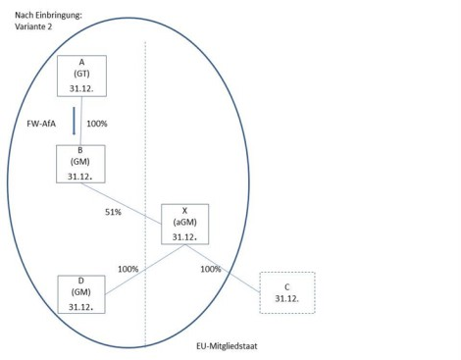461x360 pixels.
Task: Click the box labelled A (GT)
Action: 81,76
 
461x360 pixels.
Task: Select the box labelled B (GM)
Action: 80,164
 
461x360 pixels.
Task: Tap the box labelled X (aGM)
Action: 184,224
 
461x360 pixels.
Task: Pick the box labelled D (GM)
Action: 81,294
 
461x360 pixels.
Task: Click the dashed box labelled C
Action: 287,292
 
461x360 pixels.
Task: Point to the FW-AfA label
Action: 41,124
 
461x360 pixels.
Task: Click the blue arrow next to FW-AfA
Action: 74,121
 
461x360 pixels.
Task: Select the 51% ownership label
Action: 113,212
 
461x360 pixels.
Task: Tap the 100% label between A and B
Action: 97,124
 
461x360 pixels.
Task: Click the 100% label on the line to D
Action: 128,269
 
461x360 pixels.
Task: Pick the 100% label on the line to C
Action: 211,269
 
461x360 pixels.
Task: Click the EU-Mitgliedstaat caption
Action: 227,346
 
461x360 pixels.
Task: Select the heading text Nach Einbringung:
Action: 48,15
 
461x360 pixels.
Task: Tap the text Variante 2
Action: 33,26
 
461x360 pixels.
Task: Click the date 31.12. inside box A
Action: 81,88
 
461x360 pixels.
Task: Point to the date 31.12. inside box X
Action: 184,236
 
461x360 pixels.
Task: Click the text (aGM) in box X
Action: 184,223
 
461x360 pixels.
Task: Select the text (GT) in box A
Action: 81,74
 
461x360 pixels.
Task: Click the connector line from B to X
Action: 122,204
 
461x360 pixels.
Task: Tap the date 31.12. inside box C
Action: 286,298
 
